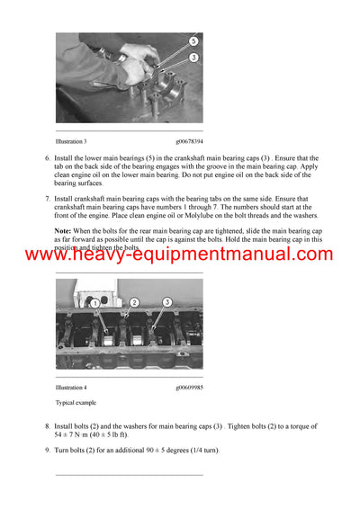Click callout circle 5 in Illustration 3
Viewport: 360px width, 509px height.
pyautogui.click(x=193, y=42)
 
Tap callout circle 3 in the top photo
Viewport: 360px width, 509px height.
pyautogui.click(x=193, y=58)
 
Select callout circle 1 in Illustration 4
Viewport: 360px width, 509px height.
pyautogui.click(x=95, y=304)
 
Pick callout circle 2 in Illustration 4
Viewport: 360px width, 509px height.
pyautogui.click(x=134, y=303)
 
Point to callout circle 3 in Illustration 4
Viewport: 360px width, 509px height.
pyautogui.click(x=167, y=302)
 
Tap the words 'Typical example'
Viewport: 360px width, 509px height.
pyautogui.click(x=75, y=403)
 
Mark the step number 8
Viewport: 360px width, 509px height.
pyautogui.click(x=47, y=425)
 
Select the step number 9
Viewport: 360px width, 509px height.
pyautogui.click(x=47, y=450)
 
